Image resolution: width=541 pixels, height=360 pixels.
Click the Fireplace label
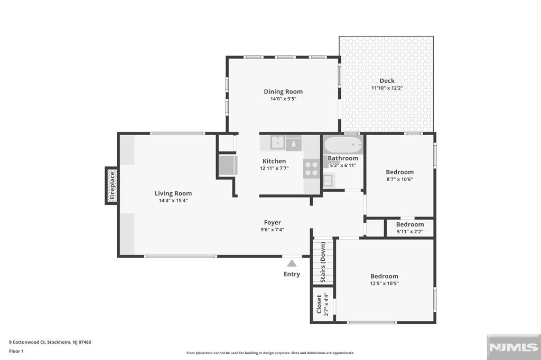pos(112,185)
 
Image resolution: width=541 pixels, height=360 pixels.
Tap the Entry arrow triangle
pos(292,263)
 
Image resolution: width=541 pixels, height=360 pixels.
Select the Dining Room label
pos(283,92)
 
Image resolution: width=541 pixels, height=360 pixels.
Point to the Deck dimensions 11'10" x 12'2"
pos(387,88)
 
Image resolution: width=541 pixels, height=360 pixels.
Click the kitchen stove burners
pos(312,168)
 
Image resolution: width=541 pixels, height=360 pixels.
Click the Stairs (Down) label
pos(323,262)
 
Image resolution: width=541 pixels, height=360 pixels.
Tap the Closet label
pos(319,304)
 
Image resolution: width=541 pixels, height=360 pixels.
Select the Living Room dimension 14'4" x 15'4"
pos(173,201)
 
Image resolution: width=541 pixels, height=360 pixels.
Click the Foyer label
pos(273,222)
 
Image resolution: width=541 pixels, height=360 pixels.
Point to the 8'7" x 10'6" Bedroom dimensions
pos(399,179)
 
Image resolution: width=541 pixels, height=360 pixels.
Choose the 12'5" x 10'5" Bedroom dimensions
pos(385,283)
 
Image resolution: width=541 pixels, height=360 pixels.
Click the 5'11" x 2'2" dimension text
pos(410,232)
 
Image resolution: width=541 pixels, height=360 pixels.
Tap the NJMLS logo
pos(514,347)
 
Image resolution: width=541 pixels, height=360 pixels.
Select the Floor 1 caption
pos(16,352)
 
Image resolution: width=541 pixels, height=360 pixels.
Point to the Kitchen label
pos(274,161)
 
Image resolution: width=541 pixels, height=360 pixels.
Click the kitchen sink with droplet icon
pos(294,143)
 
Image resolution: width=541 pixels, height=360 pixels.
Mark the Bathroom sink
pos(328,180)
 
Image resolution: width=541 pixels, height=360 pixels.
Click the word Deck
pos(387,81)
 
